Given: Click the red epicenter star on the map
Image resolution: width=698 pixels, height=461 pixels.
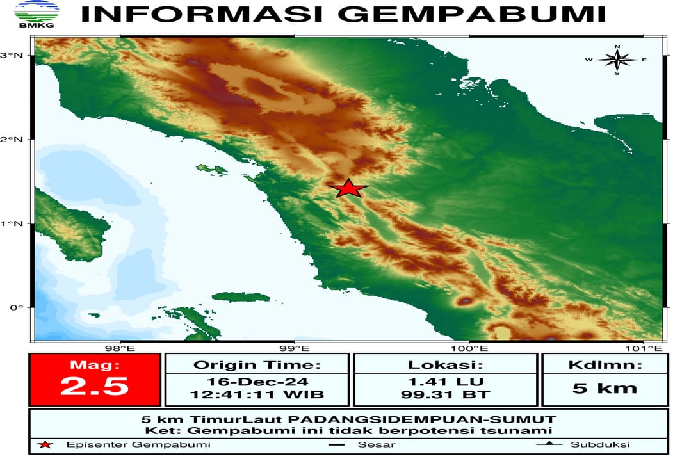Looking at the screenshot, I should click(x=348, y=188).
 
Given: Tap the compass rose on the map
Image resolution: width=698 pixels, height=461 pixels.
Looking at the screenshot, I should click(x=617, y=60).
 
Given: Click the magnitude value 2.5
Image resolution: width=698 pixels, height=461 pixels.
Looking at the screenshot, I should click(x=94, y=387).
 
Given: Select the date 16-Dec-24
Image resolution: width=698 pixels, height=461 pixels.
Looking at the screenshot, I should click(x=257, y=381).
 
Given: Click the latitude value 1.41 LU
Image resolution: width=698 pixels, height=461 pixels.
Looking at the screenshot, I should click(x=446, y=381).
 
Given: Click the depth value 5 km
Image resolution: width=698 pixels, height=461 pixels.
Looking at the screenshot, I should click(x=605, y=387).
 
